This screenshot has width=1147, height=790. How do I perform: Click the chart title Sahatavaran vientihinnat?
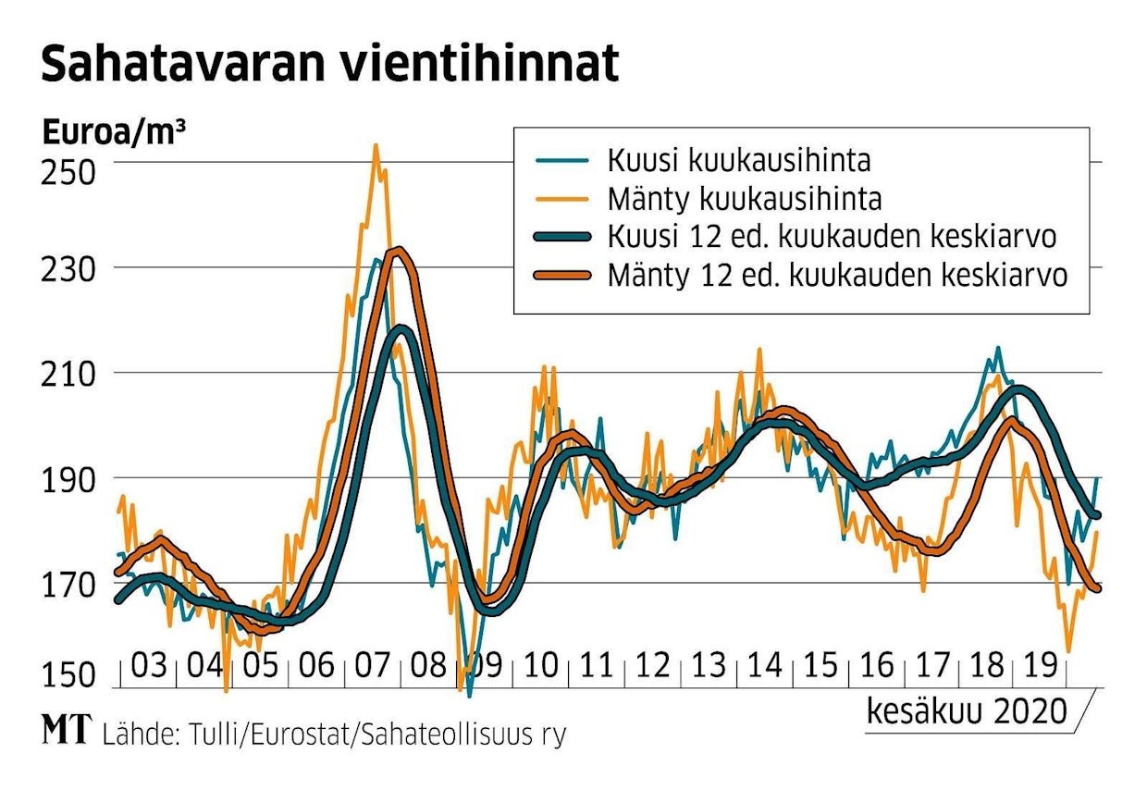[x=329, y=65]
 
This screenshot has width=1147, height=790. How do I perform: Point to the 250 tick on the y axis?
[x=68, y=172]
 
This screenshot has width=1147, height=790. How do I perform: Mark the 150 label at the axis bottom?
[x=68, y=676]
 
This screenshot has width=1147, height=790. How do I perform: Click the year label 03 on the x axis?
[x=148, y=665]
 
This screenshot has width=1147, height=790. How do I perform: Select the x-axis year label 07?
[x=372, y=665]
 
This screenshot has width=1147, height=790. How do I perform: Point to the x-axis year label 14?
[x=764, y=665]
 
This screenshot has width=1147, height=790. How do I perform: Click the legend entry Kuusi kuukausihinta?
[x=738, y=160]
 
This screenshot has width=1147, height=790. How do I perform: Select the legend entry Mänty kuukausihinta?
[x=744, y=198]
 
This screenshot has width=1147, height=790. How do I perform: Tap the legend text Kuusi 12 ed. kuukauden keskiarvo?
[x=832, y=237]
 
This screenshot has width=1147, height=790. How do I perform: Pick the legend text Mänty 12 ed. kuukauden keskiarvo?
[x=837, y=275]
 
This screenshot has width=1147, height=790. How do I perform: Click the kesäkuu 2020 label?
[x=965, y=711]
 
